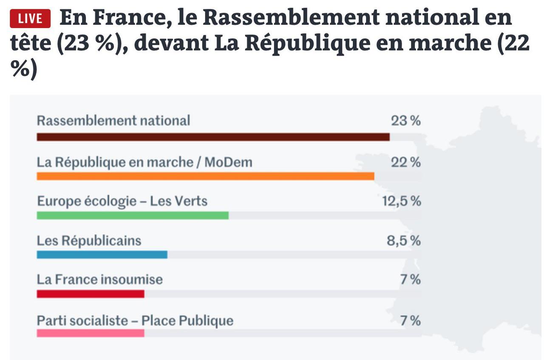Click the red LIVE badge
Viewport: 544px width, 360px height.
click(30, 19)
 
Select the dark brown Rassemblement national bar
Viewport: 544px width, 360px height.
click(213, 137)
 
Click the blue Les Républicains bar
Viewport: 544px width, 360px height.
click(102, 255)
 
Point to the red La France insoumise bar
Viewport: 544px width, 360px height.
click(91, 294)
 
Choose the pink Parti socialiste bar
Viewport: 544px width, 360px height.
click(91, 333)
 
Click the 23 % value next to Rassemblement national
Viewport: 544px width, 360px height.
click(406, 121)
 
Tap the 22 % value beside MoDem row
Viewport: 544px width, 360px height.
click(406, 162)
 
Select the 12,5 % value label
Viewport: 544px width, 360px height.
click(402, 201)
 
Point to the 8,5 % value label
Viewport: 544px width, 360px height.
click(404, 241)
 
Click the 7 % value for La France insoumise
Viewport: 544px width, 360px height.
click(411, 280)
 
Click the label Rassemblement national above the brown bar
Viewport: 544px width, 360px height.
click(113, 121)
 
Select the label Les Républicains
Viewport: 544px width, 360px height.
click(89, 241)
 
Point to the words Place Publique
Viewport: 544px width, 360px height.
click(187, 320)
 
